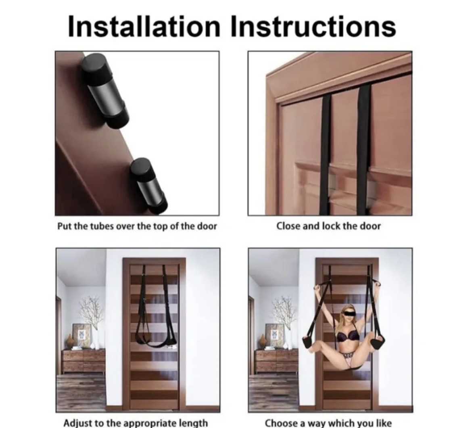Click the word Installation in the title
[144, 26]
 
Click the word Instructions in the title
[313, 26]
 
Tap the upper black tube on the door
[104, 91]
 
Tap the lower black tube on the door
[149, 186]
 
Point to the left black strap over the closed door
[325, 154]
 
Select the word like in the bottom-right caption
[383, 423]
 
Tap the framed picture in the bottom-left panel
[82, 336]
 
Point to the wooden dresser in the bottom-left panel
[84, 361]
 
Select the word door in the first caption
[207, 226]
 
